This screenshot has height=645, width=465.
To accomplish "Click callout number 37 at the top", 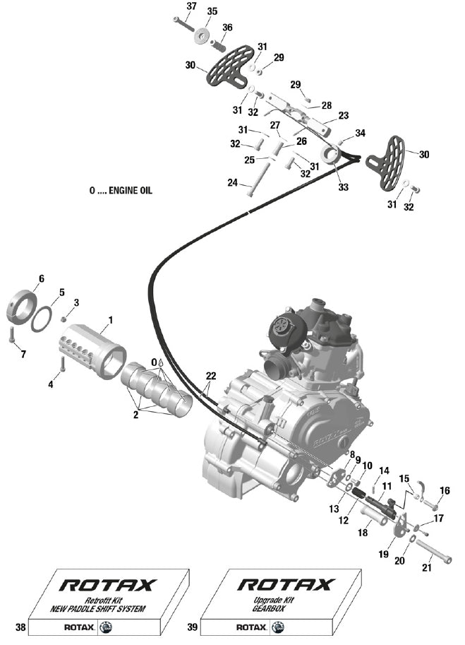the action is coord(191,6).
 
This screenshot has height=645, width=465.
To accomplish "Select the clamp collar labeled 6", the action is coord(20,307).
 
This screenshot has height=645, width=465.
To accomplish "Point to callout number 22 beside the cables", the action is coord(211,376).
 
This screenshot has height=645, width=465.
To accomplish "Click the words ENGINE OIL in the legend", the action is coord(131,191).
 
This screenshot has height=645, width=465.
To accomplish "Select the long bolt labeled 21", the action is coord(433,551).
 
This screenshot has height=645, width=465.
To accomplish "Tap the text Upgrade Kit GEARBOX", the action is coord(274,604).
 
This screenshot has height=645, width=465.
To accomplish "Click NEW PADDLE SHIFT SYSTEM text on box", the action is coord(97,609).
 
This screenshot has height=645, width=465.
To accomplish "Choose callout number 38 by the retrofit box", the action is coord(20,627).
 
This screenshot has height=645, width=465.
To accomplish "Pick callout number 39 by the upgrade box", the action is coord(192,627).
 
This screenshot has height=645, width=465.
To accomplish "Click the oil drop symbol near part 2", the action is coord(161,362).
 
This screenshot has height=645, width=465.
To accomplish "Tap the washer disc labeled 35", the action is coord(202,36).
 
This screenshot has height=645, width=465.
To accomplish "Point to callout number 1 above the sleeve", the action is coord(110,319).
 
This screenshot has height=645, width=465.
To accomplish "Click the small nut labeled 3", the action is coord(64,319).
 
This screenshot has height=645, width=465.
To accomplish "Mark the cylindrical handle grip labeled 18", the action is coord(374,516).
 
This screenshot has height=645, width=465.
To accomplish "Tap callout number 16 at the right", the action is coord(445,490).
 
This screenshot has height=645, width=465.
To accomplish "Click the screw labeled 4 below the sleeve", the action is coord(62,364).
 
